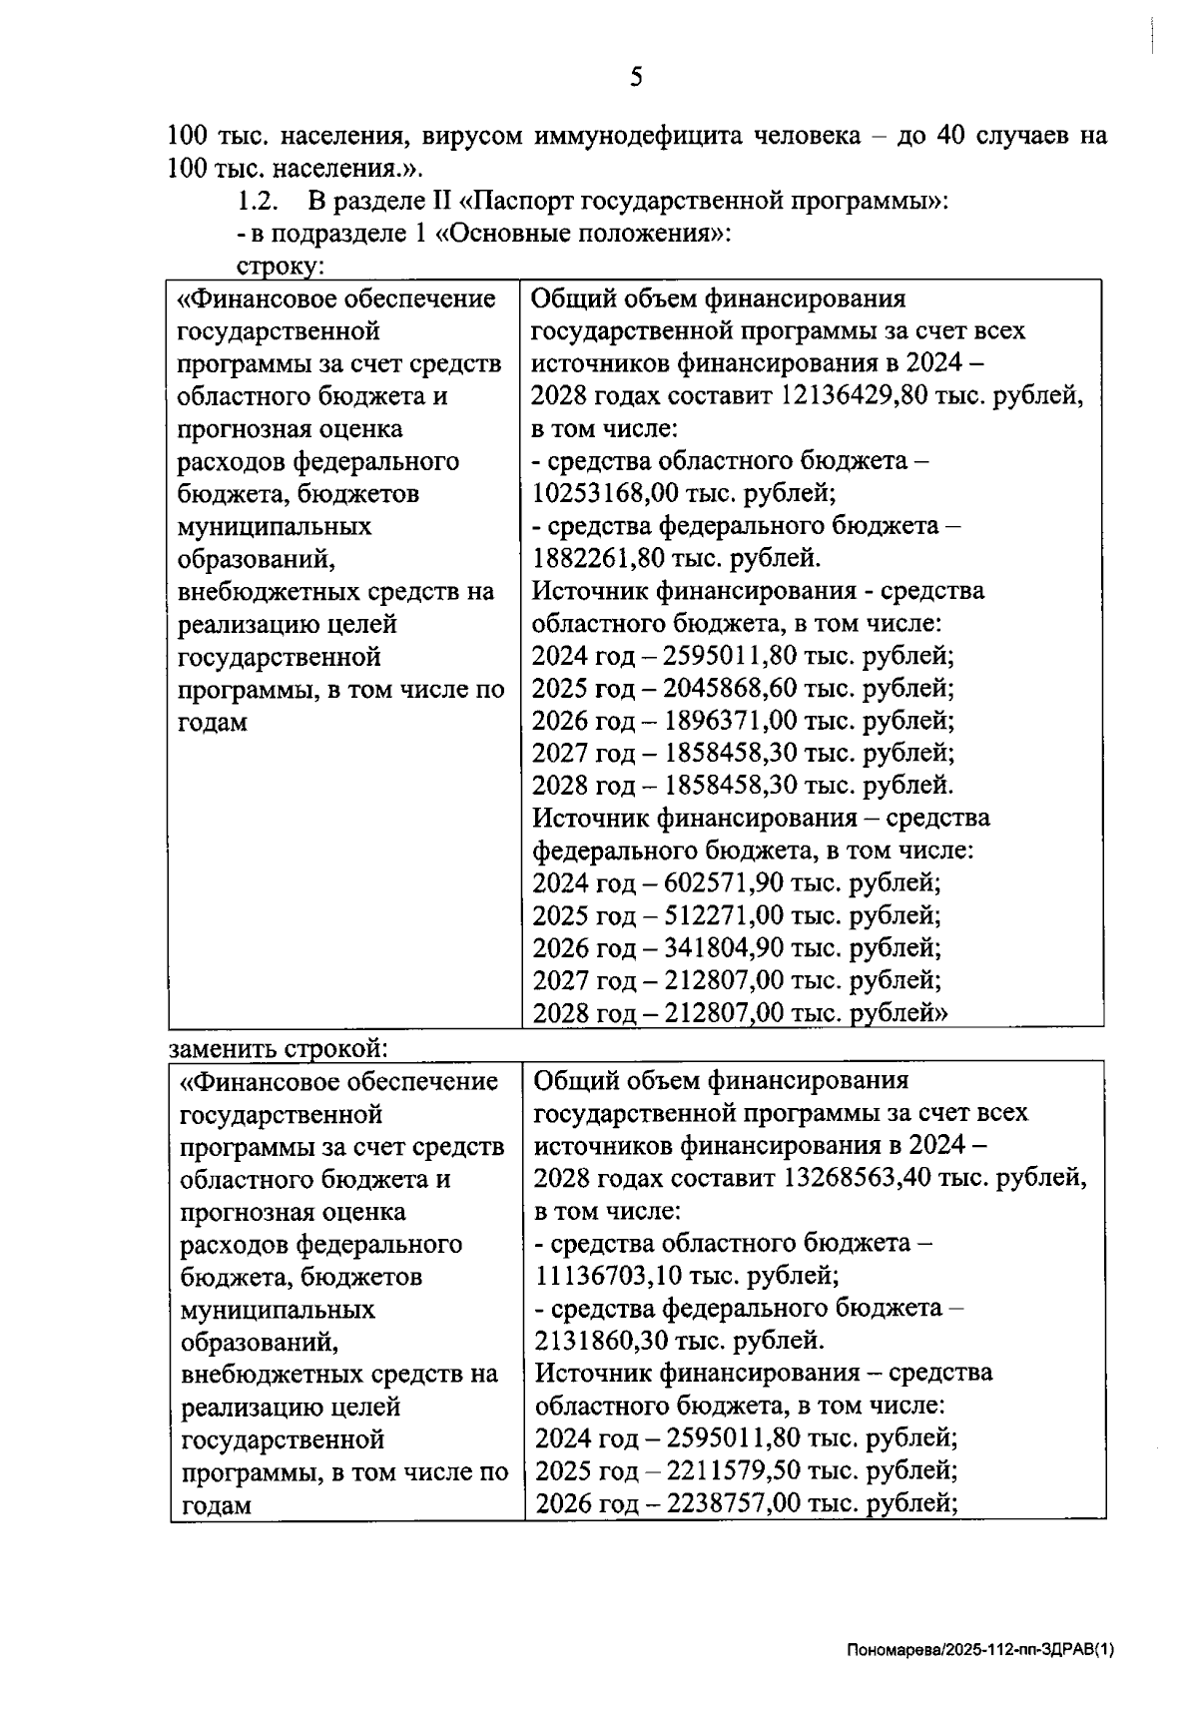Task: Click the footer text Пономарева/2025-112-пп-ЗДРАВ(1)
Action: coord(979,1651)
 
